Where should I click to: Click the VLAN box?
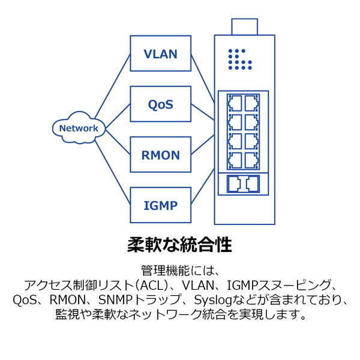(x=160, y=53)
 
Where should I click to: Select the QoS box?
(x=160, y=104)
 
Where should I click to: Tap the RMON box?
(x=160, y=155)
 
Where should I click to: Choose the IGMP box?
(x=160, y=205)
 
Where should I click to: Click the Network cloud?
(x=79, y=128)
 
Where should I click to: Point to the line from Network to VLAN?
(x=113, y=86)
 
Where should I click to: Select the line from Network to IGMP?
(x=113, y=172)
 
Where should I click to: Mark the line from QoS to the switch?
(x=203, y=112)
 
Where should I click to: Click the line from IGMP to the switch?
(x=203, y=187)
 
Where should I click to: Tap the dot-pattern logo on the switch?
(x=240, y=59)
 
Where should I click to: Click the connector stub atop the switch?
(x=245, y=26)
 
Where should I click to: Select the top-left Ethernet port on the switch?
(x=235, y=103)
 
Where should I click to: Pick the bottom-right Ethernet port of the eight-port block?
(x=251, y=160)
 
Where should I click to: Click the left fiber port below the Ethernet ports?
(x=234, y=184)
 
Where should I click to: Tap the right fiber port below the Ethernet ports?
(x=253, y=184)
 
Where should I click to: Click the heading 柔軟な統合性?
(x=179, y=245)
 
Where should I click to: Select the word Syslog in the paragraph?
(x=213, y=300)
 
